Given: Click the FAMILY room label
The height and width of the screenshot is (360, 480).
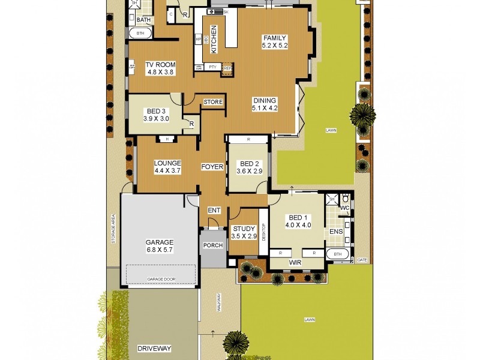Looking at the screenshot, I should [275, 38].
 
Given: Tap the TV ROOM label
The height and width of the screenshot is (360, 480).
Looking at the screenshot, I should [152, 65].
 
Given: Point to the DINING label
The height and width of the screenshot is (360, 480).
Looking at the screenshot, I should [265, 101].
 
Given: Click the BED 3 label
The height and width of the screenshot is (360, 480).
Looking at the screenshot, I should [156, 112].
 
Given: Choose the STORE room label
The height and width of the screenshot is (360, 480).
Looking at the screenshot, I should [213, 102].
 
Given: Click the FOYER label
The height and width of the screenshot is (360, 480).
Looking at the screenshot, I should [212, 166].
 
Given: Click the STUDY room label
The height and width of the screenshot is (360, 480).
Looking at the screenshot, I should [244, 229].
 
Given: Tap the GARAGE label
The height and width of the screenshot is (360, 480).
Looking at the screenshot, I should [159, 242].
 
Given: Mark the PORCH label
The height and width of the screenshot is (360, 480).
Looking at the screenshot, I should [213, 245].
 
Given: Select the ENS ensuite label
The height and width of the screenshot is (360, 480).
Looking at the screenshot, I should [336, 231].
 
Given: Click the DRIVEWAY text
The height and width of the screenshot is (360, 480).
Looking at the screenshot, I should [154, 348].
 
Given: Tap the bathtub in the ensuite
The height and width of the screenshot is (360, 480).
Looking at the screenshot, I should [337, 254].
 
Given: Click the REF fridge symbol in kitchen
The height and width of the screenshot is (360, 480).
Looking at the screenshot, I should [227, 68].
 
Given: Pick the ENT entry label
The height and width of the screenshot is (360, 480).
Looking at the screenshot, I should [213, 210].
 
